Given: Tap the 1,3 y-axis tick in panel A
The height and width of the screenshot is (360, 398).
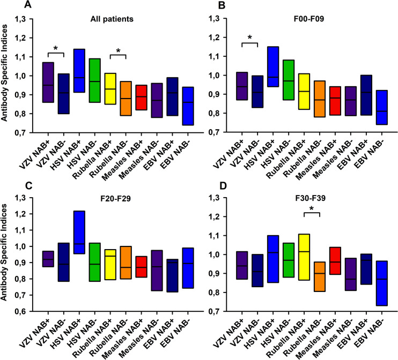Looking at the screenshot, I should pos(19,19).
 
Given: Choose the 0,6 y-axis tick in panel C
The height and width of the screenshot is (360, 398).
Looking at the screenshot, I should pos(19,311).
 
